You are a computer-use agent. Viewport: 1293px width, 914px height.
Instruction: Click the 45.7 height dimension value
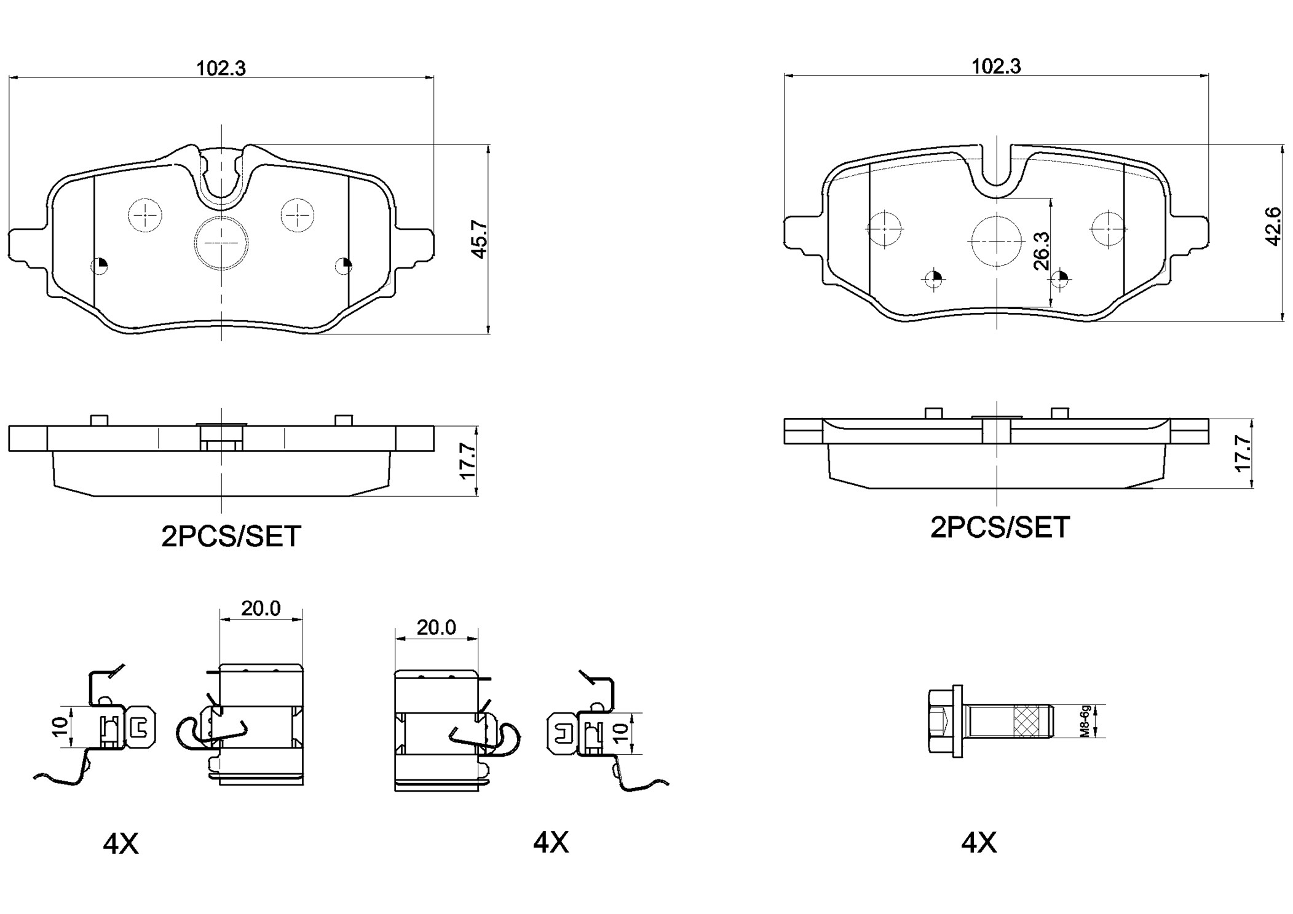click(x=479, y=239)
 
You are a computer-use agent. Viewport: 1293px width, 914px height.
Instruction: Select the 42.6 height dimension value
click(x=1273, y=226)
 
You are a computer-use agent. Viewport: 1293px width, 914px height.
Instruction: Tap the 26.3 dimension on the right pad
click(x=1041, y=251)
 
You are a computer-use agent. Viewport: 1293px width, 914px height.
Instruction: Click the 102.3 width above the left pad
click(x=221, y=68)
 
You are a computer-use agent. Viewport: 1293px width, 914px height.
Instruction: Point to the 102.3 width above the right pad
click(x=995, y=66)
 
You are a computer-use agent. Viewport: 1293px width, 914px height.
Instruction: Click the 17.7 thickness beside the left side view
click(x=467, y=461)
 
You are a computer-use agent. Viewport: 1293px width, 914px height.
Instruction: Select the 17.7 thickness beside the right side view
click(x=1243, y=454)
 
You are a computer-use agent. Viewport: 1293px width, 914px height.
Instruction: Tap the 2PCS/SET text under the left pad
click(x=231, y=537)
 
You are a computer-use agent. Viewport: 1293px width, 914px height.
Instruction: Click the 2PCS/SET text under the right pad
click(x=1000, y=527)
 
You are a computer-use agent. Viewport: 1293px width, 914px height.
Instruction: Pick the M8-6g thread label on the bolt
click(x=1086, y=721)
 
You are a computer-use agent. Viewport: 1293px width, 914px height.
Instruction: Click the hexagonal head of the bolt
click(x=938, y=721)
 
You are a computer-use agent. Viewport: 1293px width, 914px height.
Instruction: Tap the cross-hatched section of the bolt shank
click(x=1029, y=721)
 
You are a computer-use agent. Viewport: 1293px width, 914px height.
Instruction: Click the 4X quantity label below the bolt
click(x=979, y=843)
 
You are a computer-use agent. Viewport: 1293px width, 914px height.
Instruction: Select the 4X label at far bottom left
click(x=121, y=844)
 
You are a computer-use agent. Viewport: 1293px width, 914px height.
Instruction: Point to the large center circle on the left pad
click(x=221, y=243)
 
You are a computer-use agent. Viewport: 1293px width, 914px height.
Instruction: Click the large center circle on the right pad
click(x=997, y=242)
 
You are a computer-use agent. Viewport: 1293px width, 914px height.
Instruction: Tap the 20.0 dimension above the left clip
click(x=261, y=609)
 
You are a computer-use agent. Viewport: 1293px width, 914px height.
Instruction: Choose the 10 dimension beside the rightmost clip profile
click(x=620, y=733)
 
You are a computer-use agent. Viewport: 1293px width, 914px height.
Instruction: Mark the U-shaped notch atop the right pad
click(x=997, y=166)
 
